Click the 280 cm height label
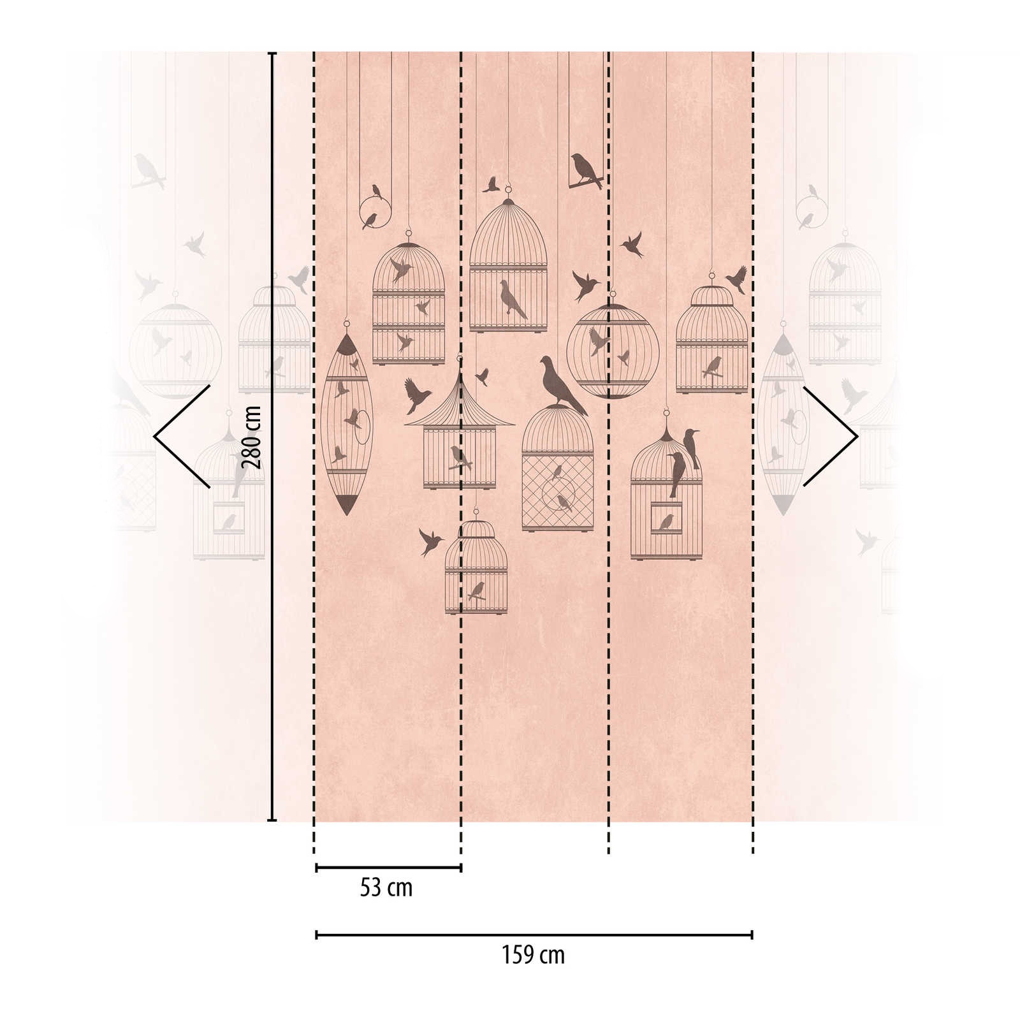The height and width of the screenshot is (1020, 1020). pos(252,437)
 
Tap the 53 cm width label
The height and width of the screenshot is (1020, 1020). pos(386,888)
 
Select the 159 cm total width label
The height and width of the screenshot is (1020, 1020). pos(533,956)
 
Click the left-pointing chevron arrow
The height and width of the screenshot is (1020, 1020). pos(182,437)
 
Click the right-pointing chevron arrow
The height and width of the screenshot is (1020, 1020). pos(831,437)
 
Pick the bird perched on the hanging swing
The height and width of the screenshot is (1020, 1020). pos(586,170)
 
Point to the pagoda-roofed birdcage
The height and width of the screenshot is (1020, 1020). pos(459,433)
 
